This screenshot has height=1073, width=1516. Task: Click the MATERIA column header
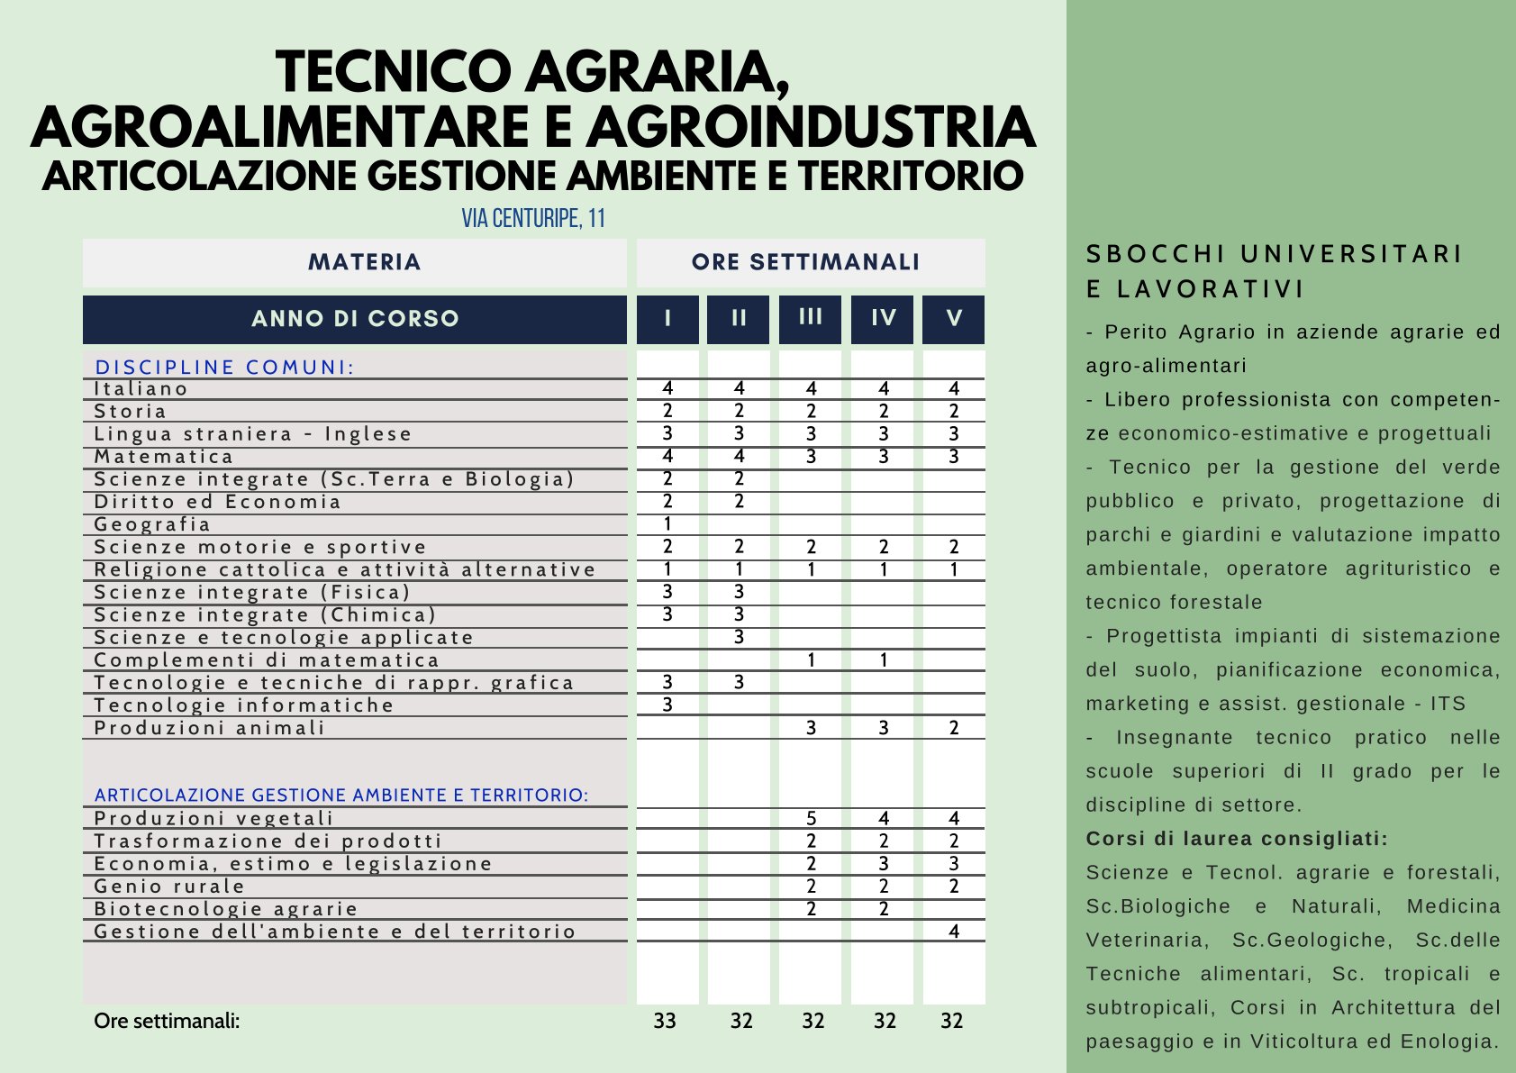point(364,262)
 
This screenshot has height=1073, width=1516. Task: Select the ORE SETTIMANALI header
point(806,262)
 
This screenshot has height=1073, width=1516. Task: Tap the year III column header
point(811,317)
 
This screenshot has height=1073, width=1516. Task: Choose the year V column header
point(954,319)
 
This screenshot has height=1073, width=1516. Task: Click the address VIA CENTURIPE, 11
point(533,219)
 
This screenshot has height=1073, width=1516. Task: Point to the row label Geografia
point(152,524)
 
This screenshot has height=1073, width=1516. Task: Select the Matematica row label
point(164,457)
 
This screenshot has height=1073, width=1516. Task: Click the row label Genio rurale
point(169,887)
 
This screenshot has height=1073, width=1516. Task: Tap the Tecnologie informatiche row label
point(244,705)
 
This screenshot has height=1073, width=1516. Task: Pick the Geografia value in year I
point(667,524)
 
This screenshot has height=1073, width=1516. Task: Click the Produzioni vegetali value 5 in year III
point(811,818)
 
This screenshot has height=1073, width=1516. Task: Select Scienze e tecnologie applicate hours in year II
point(739,638)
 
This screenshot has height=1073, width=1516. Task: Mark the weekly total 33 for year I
point(665,1021)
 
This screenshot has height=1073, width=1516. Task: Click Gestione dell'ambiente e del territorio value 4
point(954,931)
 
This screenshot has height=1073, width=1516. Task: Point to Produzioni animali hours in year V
point(954,728)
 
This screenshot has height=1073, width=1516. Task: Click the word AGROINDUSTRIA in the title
point(811,127)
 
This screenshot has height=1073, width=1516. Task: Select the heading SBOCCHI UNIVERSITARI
point(1274,255)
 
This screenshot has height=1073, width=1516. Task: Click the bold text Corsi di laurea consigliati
point(1237,839)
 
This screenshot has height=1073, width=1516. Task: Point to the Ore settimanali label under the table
point(167,1021)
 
